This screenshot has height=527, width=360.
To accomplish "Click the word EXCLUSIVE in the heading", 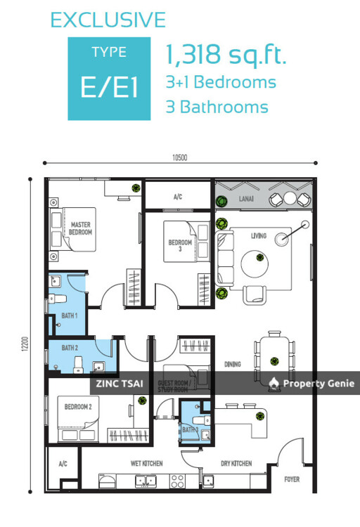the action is coord(108,20).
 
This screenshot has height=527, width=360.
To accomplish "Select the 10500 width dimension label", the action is coord(180,157).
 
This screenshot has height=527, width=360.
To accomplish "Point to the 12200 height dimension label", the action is coord(25,344).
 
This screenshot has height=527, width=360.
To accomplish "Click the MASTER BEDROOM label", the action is coord(80,228).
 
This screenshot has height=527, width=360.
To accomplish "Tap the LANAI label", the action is coord(246,199).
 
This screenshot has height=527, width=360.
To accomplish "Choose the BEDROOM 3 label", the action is coord(180,245).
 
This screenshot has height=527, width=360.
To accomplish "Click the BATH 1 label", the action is coord(70,315).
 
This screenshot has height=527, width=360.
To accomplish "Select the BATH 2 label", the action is coord(70,348).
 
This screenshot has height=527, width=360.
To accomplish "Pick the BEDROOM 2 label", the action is coord(78,407).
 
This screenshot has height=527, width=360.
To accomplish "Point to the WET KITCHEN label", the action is coord(147,464).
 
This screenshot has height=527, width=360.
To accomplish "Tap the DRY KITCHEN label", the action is coord(236,464).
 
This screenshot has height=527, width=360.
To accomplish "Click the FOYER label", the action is coord(292,479).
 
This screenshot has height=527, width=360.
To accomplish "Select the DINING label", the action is coord(233,364).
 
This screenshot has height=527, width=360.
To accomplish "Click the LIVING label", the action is coord(259,235).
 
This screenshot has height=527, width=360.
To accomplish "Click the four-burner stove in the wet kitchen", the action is coord(177,481).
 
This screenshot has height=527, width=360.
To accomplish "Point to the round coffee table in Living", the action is coord(255,263).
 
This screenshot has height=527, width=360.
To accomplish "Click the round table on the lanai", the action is coord(290,198).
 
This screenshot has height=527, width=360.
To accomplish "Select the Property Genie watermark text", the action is coord(319,383).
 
